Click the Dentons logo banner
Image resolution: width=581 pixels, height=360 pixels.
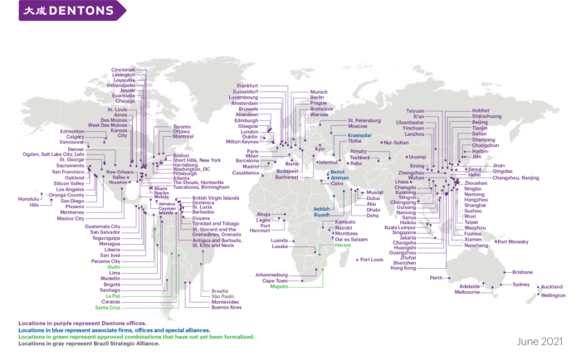[62, 10]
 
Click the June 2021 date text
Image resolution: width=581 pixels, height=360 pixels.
[539, 341]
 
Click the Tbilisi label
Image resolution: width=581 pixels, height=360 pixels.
[356, 142]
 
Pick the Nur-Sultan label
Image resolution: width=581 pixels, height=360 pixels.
[398, 143]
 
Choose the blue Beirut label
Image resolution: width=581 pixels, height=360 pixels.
[339, 171]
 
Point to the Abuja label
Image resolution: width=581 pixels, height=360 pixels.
[264, 214]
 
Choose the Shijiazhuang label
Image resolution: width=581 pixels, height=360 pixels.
[486, 117]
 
